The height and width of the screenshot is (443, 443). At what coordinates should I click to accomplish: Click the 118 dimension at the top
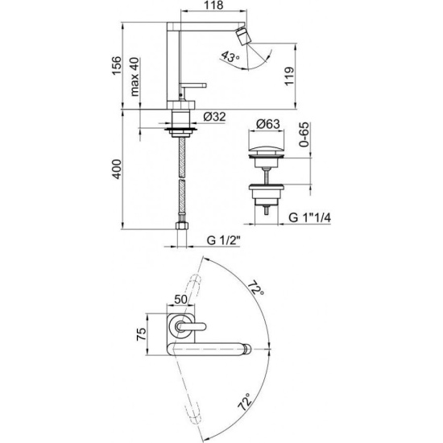click(214, 5)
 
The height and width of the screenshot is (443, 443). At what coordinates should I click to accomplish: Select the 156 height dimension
click(117, 65)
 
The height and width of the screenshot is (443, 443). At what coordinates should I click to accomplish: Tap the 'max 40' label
click(135, 77)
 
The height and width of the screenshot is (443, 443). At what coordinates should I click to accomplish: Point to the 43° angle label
click(230, 56)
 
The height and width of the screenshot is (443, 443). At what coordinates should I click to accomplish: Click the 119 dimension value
click(289, 77)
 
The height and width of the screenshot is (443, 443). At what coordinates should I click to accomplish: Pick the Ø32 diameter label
click(214, 117)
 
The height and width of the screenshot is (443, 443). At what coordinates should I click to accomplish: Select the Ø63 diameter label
click(268, 124)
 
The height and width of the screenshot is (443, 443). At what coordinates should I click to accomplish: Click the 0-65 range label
click(304, 135)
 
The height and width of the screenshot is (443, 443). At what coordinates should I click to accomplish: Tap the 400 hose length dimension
click(117, 169)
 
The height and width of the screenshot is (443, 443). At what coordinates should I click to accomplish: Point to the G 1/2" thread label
click(223, 241)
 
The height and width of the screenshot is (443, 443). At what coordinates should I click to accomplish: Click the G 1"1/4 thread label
click(309, 217)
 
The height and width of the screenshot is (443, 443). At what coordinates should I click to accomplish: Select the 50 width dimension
click(180, 299)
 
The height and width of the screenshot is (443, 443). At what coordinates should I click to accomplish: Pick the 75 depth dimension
click(141, 334)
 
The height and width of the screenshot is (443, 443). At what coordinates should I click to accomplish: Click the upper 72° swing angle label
click(256, 288)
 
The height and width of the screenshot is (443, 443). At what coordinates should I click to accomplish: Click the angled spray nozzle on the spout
click(243, 36)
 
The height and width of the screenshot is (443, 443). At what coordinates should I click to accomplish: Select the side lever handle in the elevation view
click(193, 85)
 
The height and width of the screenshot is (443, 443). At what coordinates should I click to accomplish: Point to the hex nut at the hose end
click(182, 226)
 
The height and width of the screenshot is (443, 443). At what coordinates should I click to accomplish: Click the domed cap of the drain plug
click(266, 149)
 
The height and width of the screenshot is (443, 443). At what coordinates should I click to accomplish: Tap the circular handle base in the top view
click(180, 326)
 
